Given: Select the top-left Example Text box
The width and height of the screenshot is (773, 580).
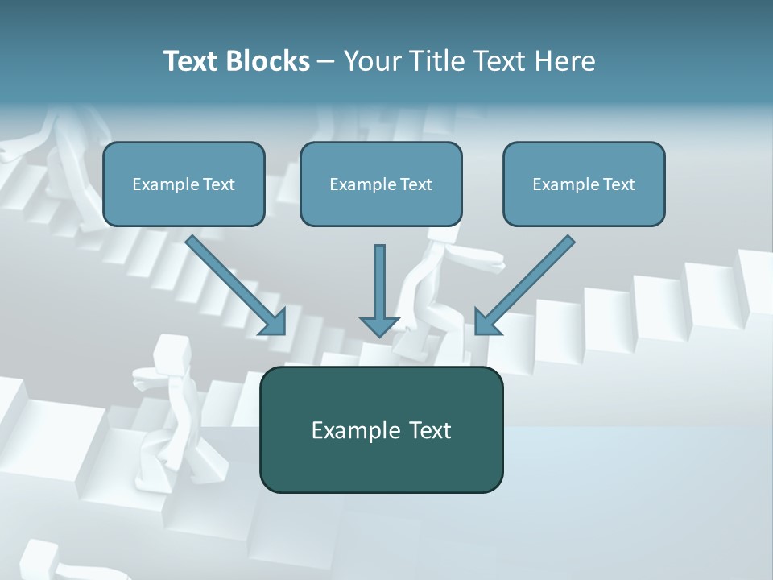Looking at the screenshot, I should (x=184, y=184).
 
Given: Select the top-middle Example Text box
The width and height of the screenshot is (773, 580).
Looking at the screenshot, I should (x=381, y=184).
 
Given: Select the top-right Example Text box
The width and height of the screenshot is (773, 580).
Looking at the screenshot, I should (x=584, y=184).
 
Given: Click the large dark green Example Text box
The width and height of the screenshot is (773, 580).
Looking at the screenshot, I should (x=381, y=430).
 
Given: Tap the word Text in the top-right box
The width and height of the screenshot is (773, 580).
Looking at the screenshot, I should (x=618, y=184).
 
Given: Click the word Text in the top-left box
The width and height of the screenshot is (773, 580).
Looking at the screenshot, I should (x=218, y=184).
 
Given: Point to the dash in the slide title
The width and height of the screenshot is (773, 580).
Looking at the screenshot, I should (x=326, y=61).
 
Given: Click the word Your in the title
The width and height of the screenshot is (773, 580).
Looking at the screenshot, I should (x=371, y=61).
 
